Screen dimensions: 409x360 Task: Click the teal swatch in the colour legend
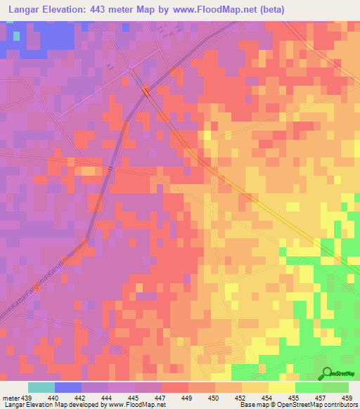(x=41, y=387)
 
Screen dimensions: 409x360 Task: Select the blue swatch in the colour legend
(x=67, y=387)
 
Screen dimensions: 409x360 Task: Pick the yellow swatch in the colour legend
(x=281, y=387)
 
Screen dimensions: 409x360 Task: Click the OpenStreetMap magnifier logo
(x=325, y=373)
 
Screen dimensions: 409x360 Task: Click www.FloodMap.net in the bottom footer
(x=133, y=405)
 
